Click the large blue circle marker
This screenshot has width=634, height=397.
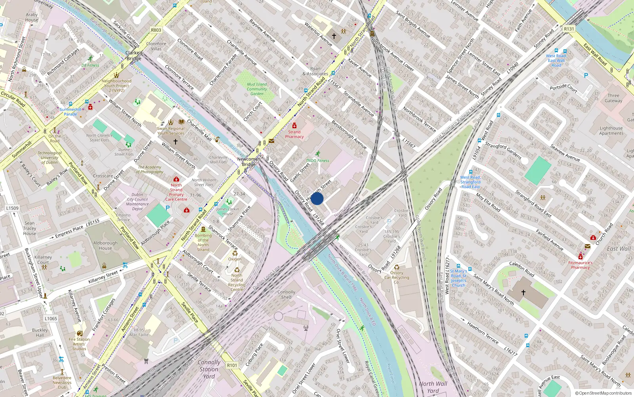tap(317, 198)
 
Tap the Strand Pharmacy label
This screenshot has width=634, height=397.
tap(294, 134)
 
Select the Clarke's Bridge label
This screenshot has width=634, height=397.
tap(134, 56)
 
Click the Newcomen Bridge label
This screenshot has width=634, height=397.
tap(248, 162)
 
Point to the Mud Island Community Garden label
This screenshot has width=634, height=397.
tap(257, 89)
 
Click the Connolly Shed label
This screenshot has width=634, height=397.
tap(286, 294)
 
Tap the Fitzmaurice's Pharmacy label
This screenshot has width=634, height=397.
tap(580, 265)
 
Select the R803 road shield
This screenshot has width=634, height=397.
tap(156, 30)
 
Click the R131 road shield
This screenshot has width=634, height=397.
tap(569, 29)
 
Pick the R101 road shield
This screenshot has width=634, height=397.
tap(232, 365)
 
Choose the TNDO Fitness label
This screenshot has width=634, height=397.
tap(317, 161)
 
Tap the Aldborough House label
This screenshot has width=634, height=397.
tap(105, 245)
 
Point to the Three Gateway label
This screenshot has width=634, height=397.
tap(613, 98)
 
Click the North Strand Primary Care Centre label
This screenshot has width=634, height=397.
tap(176, 192)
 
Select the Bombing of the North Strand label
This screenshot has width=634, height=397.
tap(203, 242)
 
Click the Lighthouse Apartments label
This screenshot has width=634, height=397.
tap(611, 131)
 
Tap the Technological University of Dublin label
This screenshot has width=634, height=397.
tap(50, 158)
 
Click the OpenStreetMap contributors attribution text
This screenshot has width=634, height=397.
tap(603, 393)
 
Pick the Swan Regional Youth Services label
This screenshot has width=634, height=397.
tap(171, 131)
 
